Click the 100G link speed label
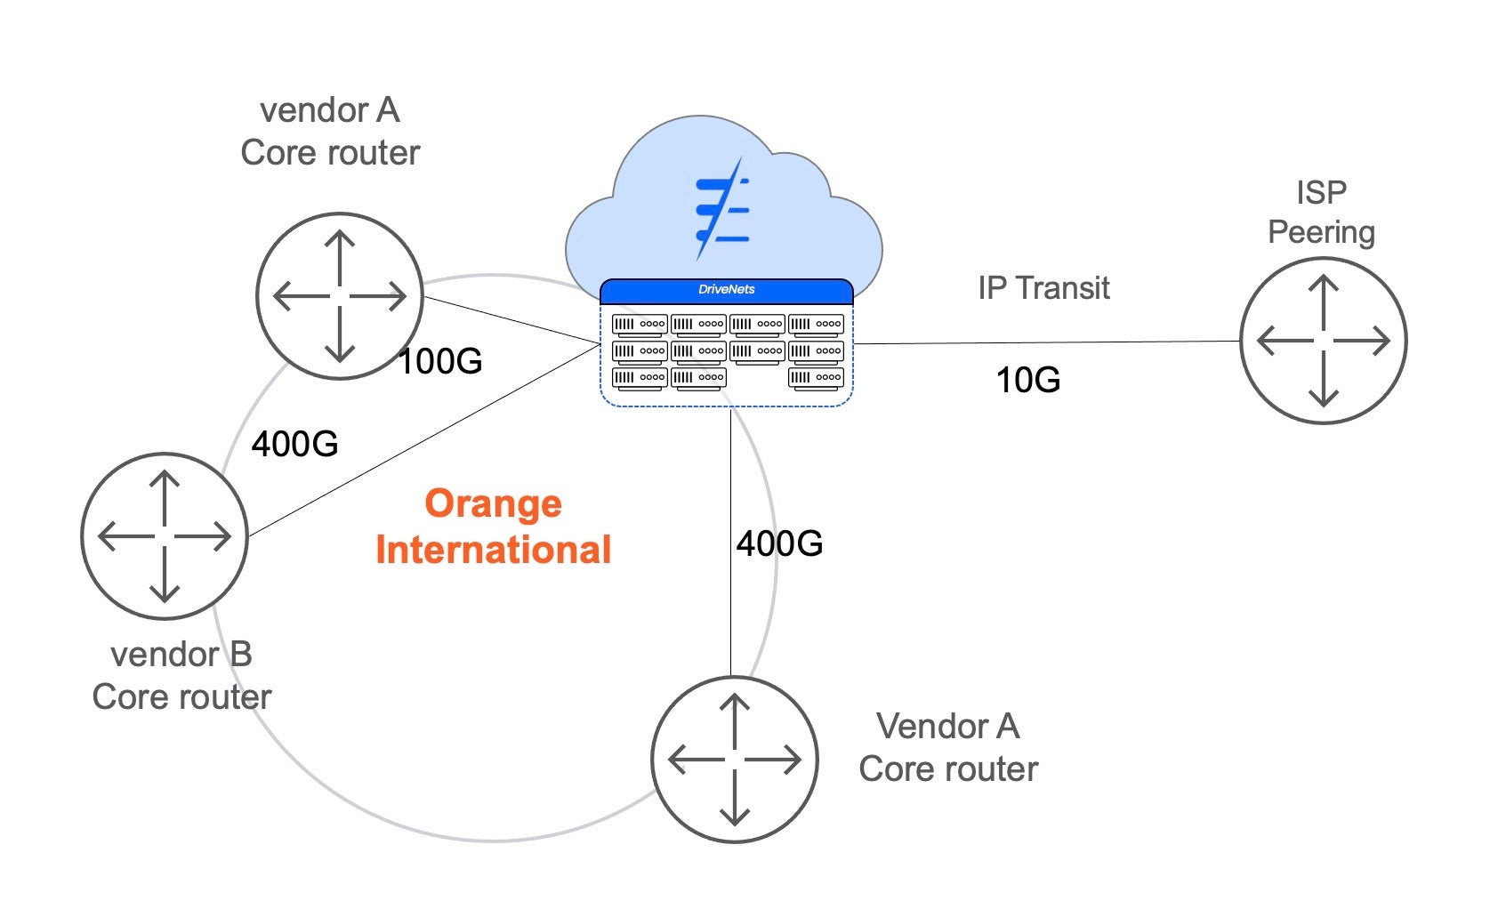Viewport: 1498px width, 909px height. tap(440, 361)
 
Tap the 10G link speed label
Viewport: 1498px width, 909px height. tap(1027, 380)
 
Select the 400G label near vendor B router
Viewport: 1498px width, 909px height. tap(294, 443)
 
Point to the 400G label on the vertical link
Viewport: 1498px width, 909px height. tap(779, 543)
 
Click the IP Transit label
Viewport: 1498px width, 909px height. tap(1043, 288)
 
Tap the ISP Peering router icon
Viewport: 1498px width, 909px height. tap(1323, 341)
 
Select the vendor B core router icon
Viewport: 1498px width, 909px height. tap(165, 536)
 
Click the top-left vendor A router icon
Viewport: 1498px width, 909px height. tap(339, 296)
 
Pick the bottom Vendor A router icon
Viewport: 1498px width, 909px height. tap(734, 760)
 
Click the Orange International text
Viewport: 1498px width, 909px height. tap(493, 527)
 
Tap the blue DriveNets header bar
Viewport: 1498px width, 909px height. tap(726, 290)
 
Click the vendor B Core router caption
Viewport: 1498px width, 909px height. tap(181, 676)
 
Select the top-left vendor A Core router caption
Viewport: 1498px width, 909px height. tap(330, 132)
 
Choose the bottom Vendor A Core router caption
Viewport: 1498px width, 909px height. tap(948, 747)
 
